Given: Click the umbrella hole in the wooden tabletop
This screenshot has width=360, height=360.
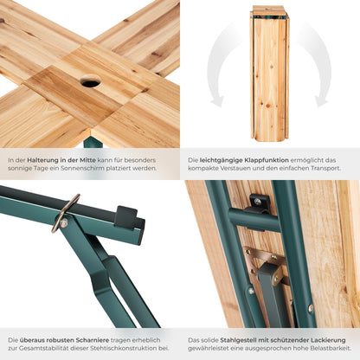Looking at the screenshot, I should [90, 80].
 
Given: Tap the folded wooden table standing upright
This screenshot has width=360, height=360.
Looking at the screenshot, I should [270, 74].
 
